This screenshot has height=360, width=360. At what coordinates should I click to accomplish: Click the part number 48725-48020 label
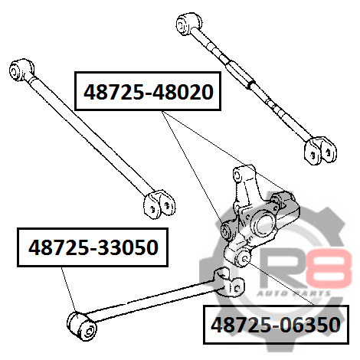tap(149, 92)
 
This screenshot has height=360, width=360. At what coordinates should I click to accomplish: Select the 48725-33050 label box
tap(93, 247)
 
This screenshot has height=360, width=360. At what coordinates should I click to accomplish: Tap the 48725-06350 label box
tap(276, 325)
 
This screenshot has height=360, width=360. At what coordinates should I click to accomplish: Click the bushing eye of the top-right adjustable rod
tap(188, 23)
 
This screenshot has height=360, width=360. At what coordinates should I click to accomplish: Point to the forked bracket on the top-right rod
tap(320, 150)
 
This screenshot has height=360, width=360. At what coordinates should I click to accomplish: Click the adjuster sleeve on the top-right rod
tap(240, 74)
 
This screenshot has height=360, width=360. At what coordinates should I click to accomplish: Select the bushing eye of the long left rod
tap(21, 69)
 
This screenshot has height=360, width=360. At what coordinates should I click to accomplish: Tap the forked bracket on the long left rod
tap(159, 205)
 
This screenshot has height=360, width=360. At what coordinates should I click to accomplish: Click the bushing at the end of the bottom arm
tap(82, 326)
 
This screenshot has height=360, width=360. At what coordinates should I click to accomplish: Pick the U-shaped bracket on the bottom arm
tap(229, 282)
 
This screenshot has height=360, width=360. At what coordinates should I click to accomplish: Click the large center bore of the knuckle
tap(263, 224)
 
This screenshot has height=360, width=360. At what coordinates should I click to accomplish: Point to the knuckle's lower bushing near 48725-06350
tap(243, 258)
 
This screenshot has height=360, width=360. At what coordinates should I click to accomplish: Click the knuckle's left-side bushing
tap(226, 230)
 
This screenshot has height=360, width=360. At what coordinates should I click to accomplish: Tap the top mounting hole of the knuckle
tap(237, 175)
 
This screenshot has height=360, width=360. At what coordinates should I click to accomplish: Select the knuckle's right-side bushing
tap(282, 201)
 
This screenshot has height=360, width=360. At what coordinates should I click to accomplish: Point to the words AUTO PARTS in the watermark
tap(293, 293)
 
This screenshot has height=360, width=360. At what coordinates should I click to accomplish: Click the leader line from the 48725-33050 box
tap(69, 290)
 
